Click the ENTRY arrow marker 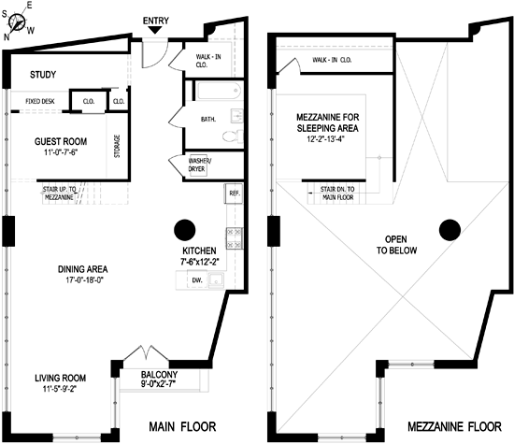point(155,30)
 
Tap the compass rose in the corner point(17,22)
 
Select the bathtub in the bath point(220,90)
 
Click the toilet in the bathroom point(233,136)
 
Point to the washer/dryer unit point(198,165)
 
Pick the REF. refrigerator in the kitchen point(234,193)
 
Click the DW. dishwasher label point(197,280)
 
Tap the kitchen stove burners point(234,238)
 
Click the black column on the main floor point(185,230)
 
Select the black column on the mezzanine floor point(450,230)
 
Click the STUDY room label point(43,75)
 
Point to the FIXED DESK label point(40,101)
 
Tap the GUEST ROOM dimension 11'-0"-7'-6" point(61,152)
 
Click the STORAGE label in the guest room point(117,146)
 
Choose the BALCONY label point(159,375)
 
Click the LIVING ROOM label point(61,378)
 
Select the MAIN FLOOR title point(182,426)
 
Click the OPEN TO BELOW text point(396,245)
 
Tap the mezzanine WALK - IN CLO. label point(332,60)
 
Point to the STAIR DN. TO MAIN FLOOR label point(337,193)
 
